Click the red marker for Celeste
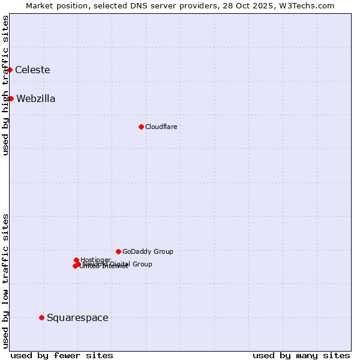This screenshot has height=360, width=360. (x=10, y=70)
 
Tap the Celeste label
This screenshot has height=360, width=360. (x=32, y=70)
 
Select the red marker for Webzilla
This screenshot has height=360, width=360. (x=11, y=98)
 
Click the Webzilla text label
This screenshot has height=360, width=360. (x=36, y=99)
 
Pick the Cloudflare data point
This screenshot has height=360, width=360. (x=141, y=127)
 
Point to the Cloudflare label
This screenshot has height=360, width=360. (x=161, y=127)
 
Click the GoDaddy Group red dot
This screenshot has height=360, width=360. (x=118, y=251)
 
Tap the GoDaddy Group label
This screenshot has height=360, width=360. (x=148, y=251)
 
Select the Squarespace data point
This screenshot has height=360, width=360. (x=41, y=317)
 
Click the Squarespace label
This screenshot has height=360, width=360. (x=77, y=318)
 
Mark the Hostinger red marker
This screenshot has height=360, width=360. (x=76, y=260)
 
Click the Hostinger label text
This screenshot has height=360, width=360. (x=95, y=260)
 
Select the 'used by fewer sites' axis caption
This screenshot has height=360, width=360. (x=62, y=355)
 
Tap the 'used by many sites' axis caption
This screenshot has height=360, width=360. (x=301, y=355)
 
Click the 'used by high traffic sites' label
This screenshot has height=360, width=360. (x=5, y=85)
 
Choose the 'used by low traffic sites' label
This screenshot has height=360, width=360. (x=5, y=280)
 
